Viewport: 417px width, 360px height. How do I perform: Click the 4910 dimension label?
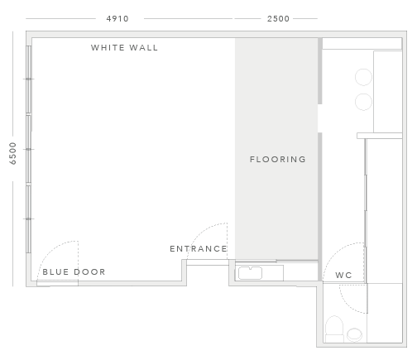(x=117, y=19)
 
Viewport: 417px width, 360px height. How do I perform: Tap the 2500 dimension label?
(x=278, y=19)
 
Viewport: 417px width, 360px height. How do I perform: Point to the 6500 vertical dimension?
(x=12, y=153)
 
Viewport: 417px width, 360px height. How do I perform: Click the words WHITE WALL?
(x=124, y=48)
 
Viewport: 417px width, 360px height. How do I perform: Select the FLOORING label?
(x=278, y=159)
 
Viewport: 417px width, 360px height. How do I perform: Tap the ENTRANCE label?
(x=199, y=249)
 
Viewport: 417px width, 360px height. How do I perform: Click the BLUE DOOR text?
(x=74, y=272)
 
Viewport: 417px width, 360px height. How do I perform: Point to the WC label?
(x=343, y=275)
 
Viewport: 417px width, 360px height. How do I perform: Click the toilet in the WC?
(x=334, y=329)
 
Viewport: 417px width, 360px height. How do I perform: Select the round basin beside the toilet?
(x=354, y=334)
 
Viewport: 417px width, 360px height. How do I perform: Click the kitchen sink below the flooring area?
(x=250, y=273)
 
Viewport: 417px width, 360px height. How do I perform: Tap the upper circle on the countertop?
(x=363, y=77)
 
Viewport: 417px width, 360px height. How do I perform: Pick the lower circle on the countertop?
(x=363, y=102)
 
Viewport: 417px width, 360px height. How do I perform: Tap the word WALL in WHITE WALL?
(x=143, y=48)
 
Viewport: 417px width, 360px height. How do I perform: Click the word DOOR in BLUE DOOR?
(x=90, y=272)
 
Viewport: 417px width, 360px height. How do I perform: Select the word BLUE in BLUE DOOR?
(x=55, y=272)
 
